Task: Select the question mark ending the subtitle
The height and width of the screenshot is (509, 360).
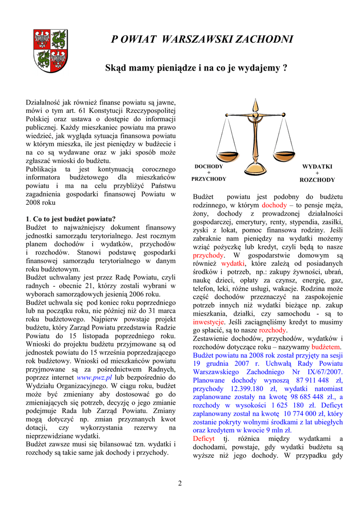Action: (284, 68)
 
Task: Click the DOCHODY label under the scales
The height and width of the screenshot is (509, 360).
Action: (209, 167)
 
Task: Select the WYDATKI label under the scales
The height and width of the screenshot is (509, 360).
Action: (317, 167)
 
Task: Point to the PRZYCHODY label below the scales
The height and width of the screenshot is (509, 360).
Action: (209, 179)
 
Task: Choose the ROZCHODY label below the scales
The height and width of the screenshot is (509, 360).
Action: (317, 179)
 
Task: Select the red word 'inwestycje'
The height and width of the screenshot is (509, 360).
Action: (209, 322)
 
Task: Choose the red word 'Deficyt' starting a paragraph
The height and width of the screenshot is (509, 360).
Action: (203, 439)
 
